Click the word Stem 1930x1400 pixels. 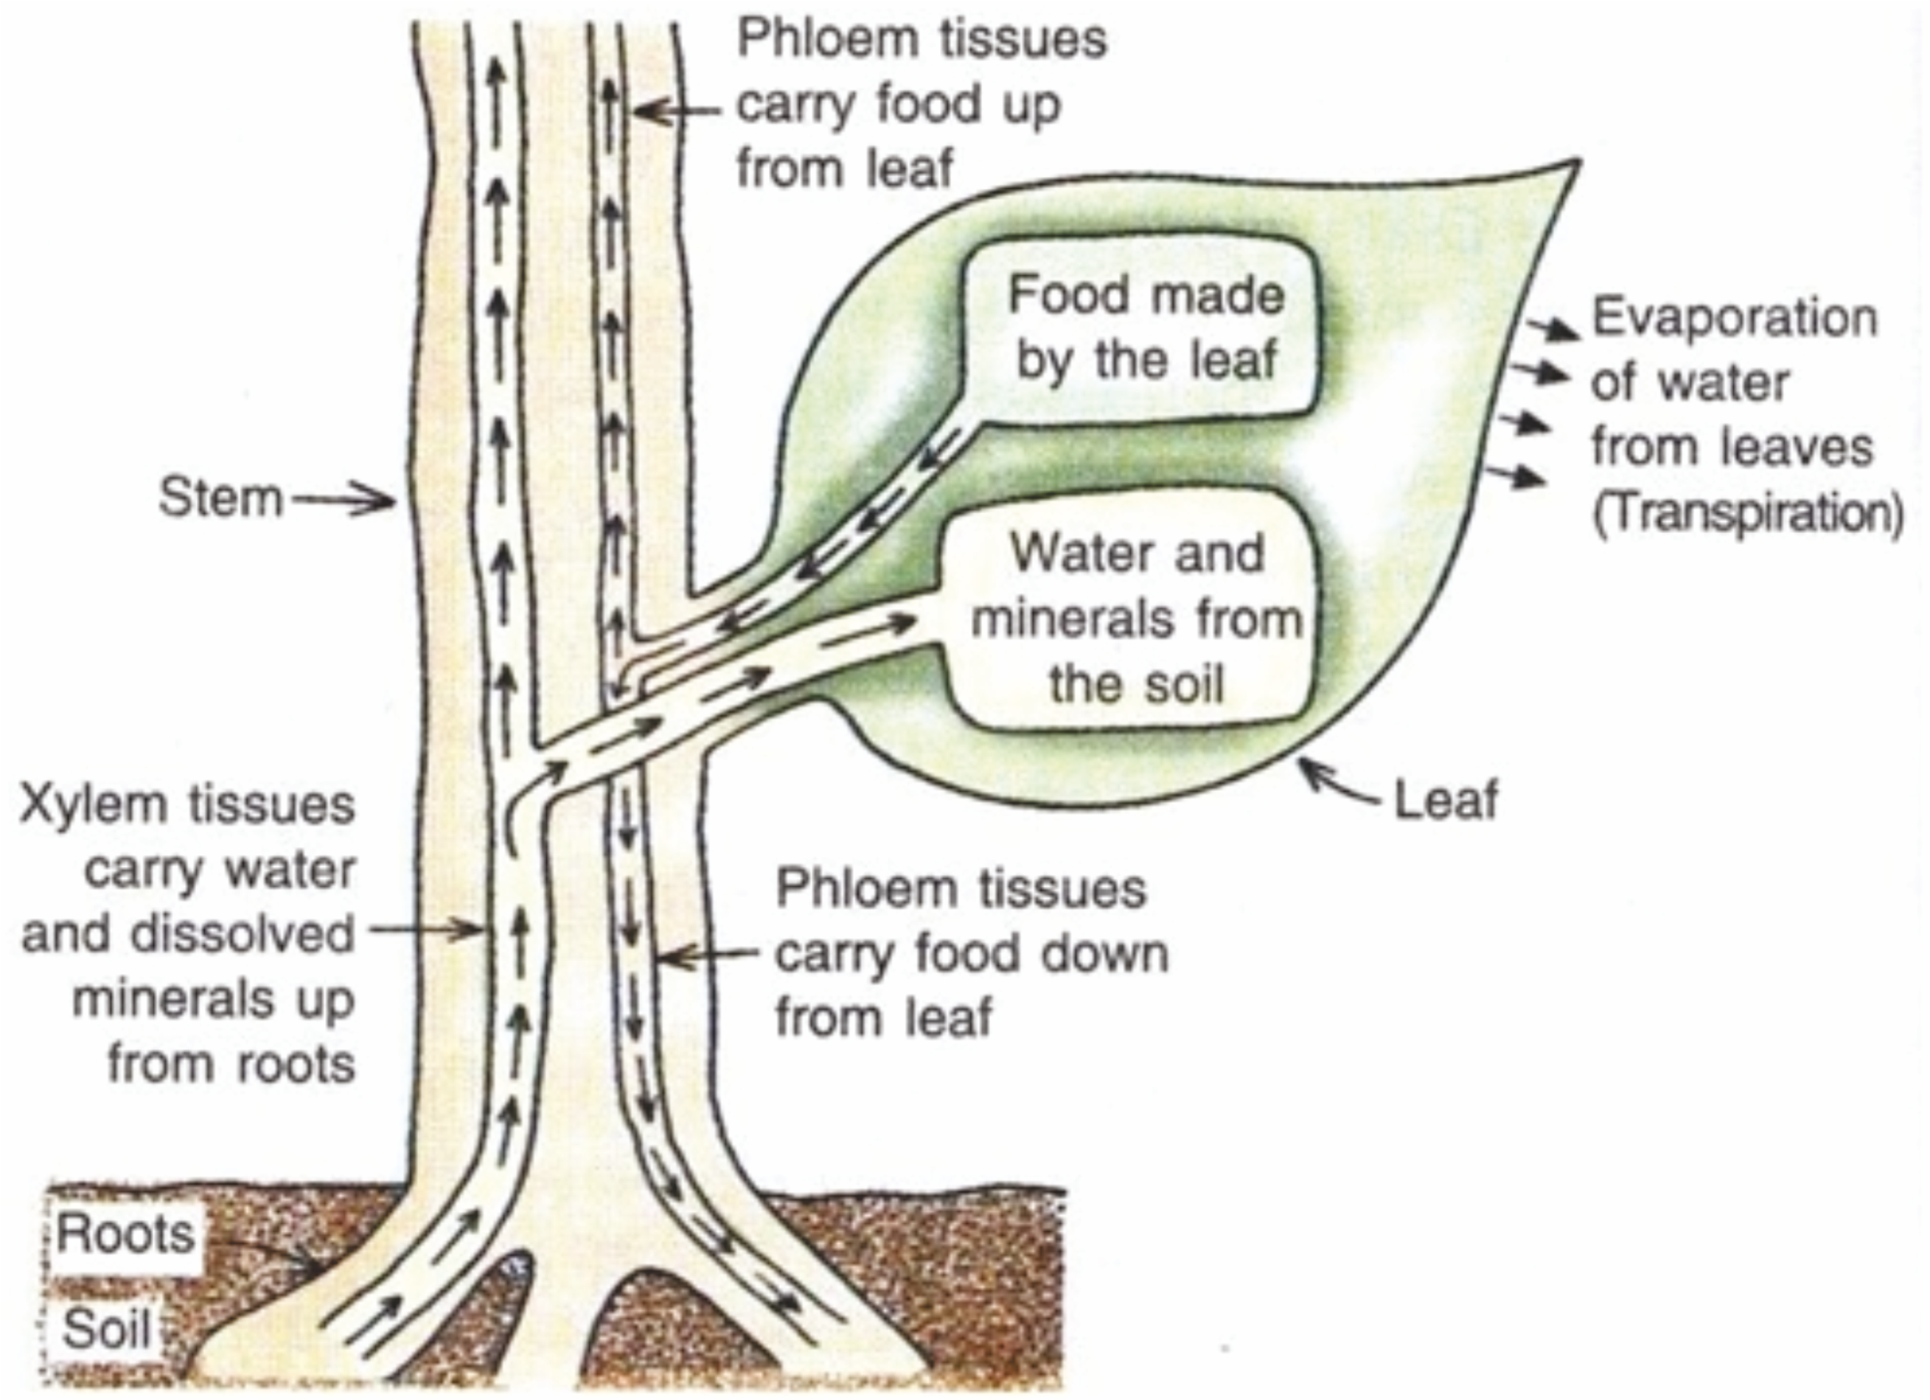click(x=220, y=498)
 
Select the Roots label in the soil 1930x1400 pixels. click(x=125, y=1234)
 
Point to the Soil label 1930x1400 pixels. click(x=106, y=1328)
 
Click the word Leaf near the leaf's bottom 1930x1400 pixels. click(x=1446, y=801)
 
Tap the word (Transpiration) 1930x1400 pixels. click(x=1746, y=514)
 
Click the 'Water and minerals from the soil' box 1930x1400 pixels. click(x=1136, y=617)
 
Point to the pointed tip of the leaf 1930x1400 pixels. click(x=1576, y=164)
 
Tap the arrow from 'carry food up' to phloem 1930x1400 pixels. click(x=677, y=111)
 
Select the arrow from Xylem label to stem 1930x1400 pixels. click(x=425, y=930)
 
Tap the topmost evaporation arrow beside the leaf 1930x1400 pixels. click(x=1550, y=327)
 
